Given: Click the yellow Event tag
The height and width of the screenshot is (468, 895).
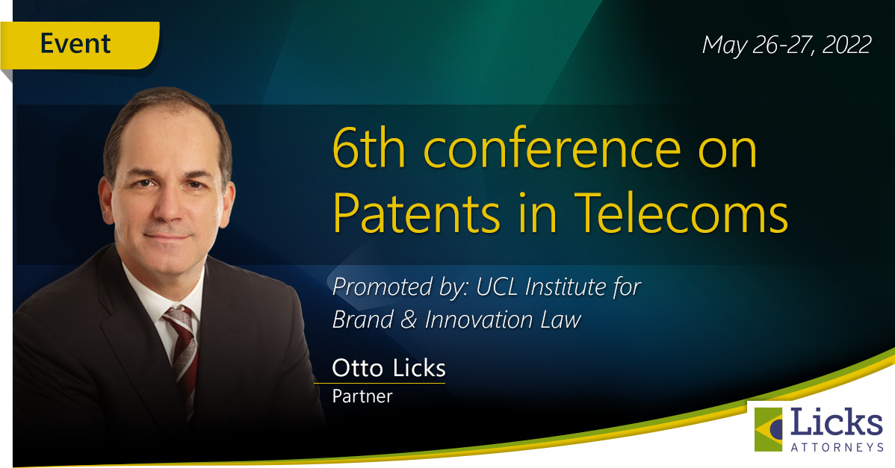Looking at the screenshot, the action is pyautogui.click(x=79, y=45).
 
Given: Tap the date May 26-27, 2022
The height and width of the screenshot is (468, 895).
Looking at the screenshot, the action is pyautogui.click(x=786, y=45).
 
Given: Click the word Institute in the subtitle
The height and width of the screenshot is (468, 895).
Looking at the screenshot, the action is pyautogui.click(x=565, y=287).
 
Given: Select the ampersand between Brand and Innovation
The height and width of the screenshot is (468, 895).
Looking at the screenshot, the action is pyautogui.click(x=409, y=319).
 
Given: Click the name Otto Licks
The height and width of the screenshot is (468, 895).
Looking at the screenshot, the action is pyautogui.click(x=388, y=368).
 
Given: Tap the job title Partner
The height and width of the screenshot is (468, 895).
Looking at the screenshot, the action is pyautogui.click(x=362, y=396).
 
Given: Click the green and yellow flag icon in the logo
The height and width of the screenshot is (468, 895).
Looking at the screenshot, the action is pyautogui.click(x=768, y=429).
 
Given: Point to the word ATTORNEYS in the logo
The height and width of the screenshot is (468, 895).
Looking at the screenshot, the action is pyautogui.click(x=837, y=447).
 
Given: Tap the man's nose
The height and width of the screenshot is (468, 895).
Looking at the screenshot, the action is pyautogui.click(x=166, y=206).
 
